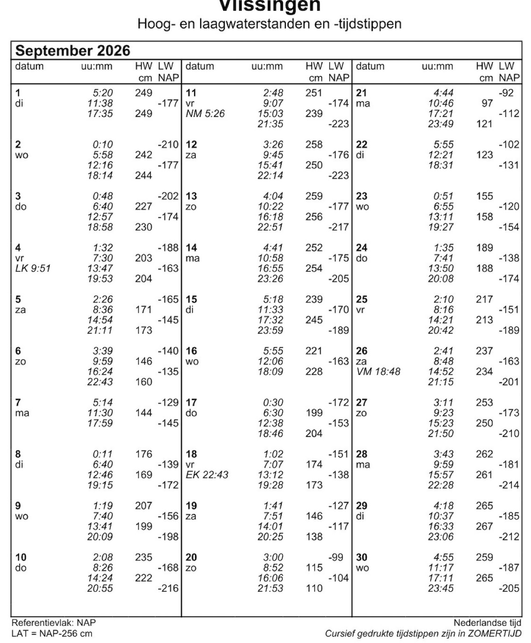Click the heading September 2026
73,50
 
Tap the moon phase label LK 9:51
33,268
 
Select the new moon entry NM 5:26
205,114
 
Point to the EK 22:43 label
207,475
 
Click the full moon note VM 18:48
378,372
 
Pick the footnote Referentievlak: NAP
53,623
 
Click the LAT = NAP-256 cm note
51,634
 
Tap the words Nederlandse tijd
487,623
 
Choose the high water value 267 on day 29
484,527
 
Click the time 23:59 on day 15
270,330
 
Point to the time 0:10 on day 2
102,145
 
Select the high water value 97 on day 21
487,103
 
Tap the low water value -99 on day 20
335,557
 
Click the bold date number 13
191,196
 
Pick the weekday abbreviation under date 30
362,568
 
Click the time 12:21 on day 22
441,155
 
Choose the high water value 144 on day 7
144,413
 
